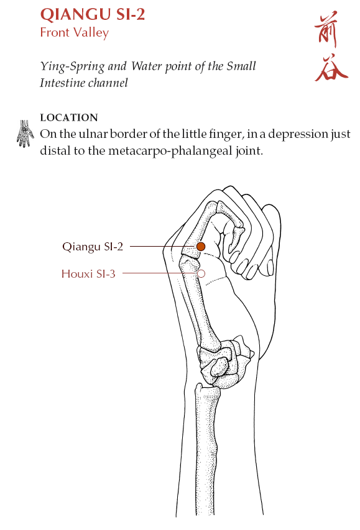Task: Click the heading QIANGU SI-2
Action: click(x=93, y=14)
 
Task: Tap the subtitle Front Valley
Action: click(x=75, y=33)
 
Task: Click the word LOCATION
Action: click(x=69, y=117)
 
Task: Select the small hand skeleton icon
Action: click(x=25, y=134)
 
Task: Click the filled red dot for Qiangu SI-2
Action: click(x=201, y=247)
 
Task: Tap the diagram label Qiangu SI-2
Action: click(x=93, y=247)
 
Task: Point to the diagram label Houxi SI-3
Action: click(x=88, y=273)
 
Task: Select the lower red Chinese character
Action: click(x=331, y=67)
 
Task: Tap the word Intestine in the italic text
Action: click(x=63, y=83)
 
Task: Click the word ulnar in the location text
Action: click(x=93, y=134)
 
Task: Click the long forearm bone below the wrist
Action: click(x=206, y=450)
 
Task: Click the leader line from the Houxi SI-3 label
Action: click(x=159, y=273)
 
